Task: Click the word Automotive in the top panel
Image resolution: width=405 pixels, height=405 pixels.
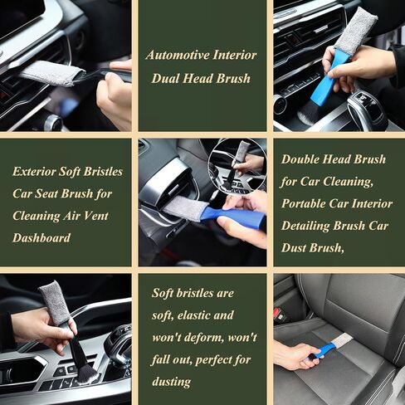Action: pyautogui.click(x=175, y=55)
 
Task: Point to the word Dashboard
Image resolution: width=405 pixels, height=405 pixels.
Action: pyautogui.click(x=42, y=237)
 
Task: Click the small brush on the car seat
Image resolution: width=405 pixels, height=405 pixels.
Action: pyautogui.click(x=330, y=345)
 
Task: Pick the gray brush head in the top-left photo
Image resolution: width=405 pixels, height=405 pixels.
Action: pyautogui.click(x=51, y=74)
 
